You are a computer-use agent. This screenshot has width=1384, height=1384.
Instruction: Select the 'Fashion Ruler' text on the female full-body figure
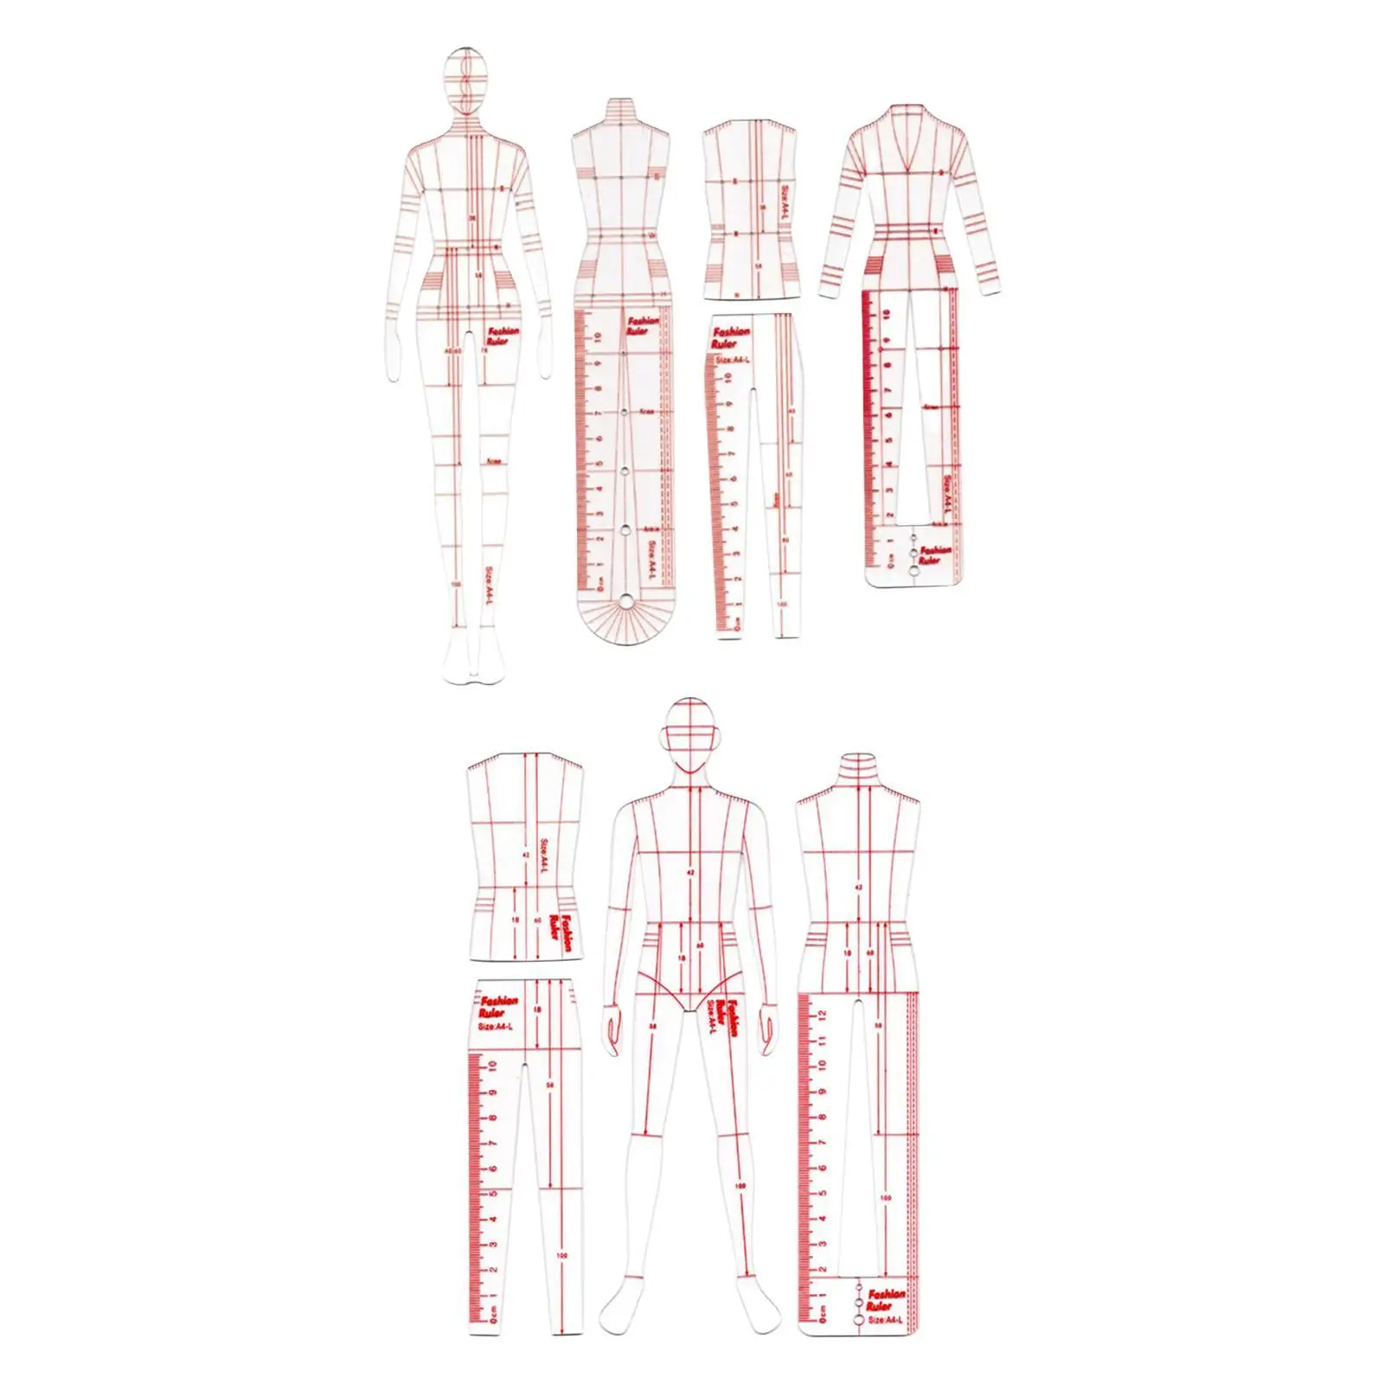[503, 336]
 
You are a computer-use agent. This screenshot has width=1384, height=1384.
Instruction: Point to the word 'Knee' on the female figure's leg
[494, 461]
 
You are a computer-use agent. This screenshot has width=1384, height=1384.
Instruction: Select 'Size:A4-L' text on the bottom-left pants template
[498, 1026]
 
